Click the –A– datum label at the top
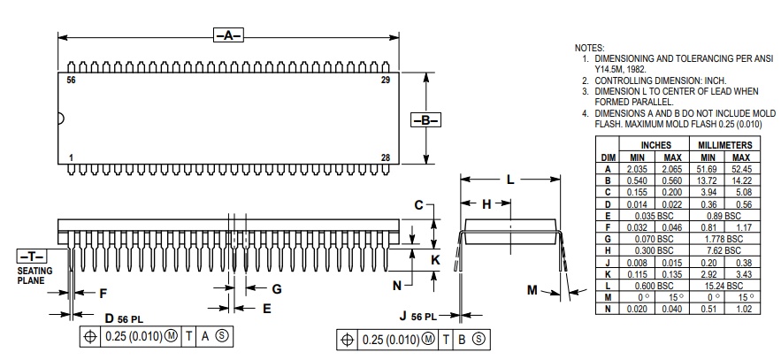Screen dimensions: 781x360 [228, 35]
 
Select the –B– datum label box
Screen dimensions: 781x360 [425, 120]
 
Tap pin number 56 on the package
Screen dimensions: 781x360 [72, 80]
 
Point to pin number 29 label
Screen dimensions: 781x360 [386, 80]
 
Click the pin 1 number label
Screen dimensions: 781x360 [71, 157]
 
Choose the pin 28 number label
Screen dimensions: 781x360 [386, 157]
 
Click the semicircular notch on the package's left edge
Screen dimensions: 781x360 [61, 119]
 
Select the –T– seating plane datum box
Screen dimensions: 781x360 [31, 257]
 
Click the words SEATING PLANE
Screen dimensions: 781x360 [34, 275]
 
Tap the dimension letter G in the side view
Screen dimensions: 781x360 [277, 289]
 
